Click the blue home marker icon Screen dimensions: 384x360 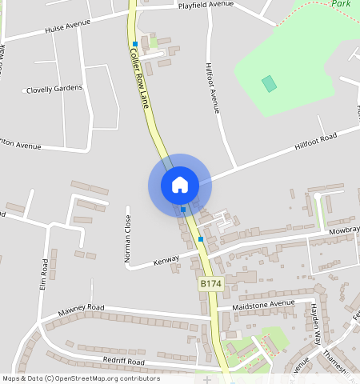point(179,185)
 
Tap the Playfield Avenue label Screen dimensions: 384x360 point(205,5)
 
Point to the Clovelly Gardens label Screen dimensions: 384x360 point(54,88)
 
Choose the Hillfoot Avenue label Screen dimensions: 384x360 point(213,88)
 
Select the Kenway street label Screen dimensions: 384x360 point(166,261)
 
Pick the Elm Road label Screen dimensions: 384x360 point(45,274)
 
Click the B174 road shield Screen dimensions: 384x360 point(210,284)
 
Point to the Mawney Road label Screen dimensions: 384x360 point(81,308)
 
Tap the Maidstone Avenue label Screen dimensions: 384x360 point(263,305)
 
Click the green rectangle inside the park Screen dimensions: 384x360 point(269,83)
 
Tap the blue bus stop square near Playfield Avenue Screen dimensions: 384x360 point(135,43)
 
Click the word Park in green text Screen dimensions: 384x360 point(342,4)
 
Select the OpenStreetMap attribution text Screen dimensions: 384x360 point(80,378)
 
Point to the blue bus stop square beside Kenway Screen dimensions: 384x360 point(200,238)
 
